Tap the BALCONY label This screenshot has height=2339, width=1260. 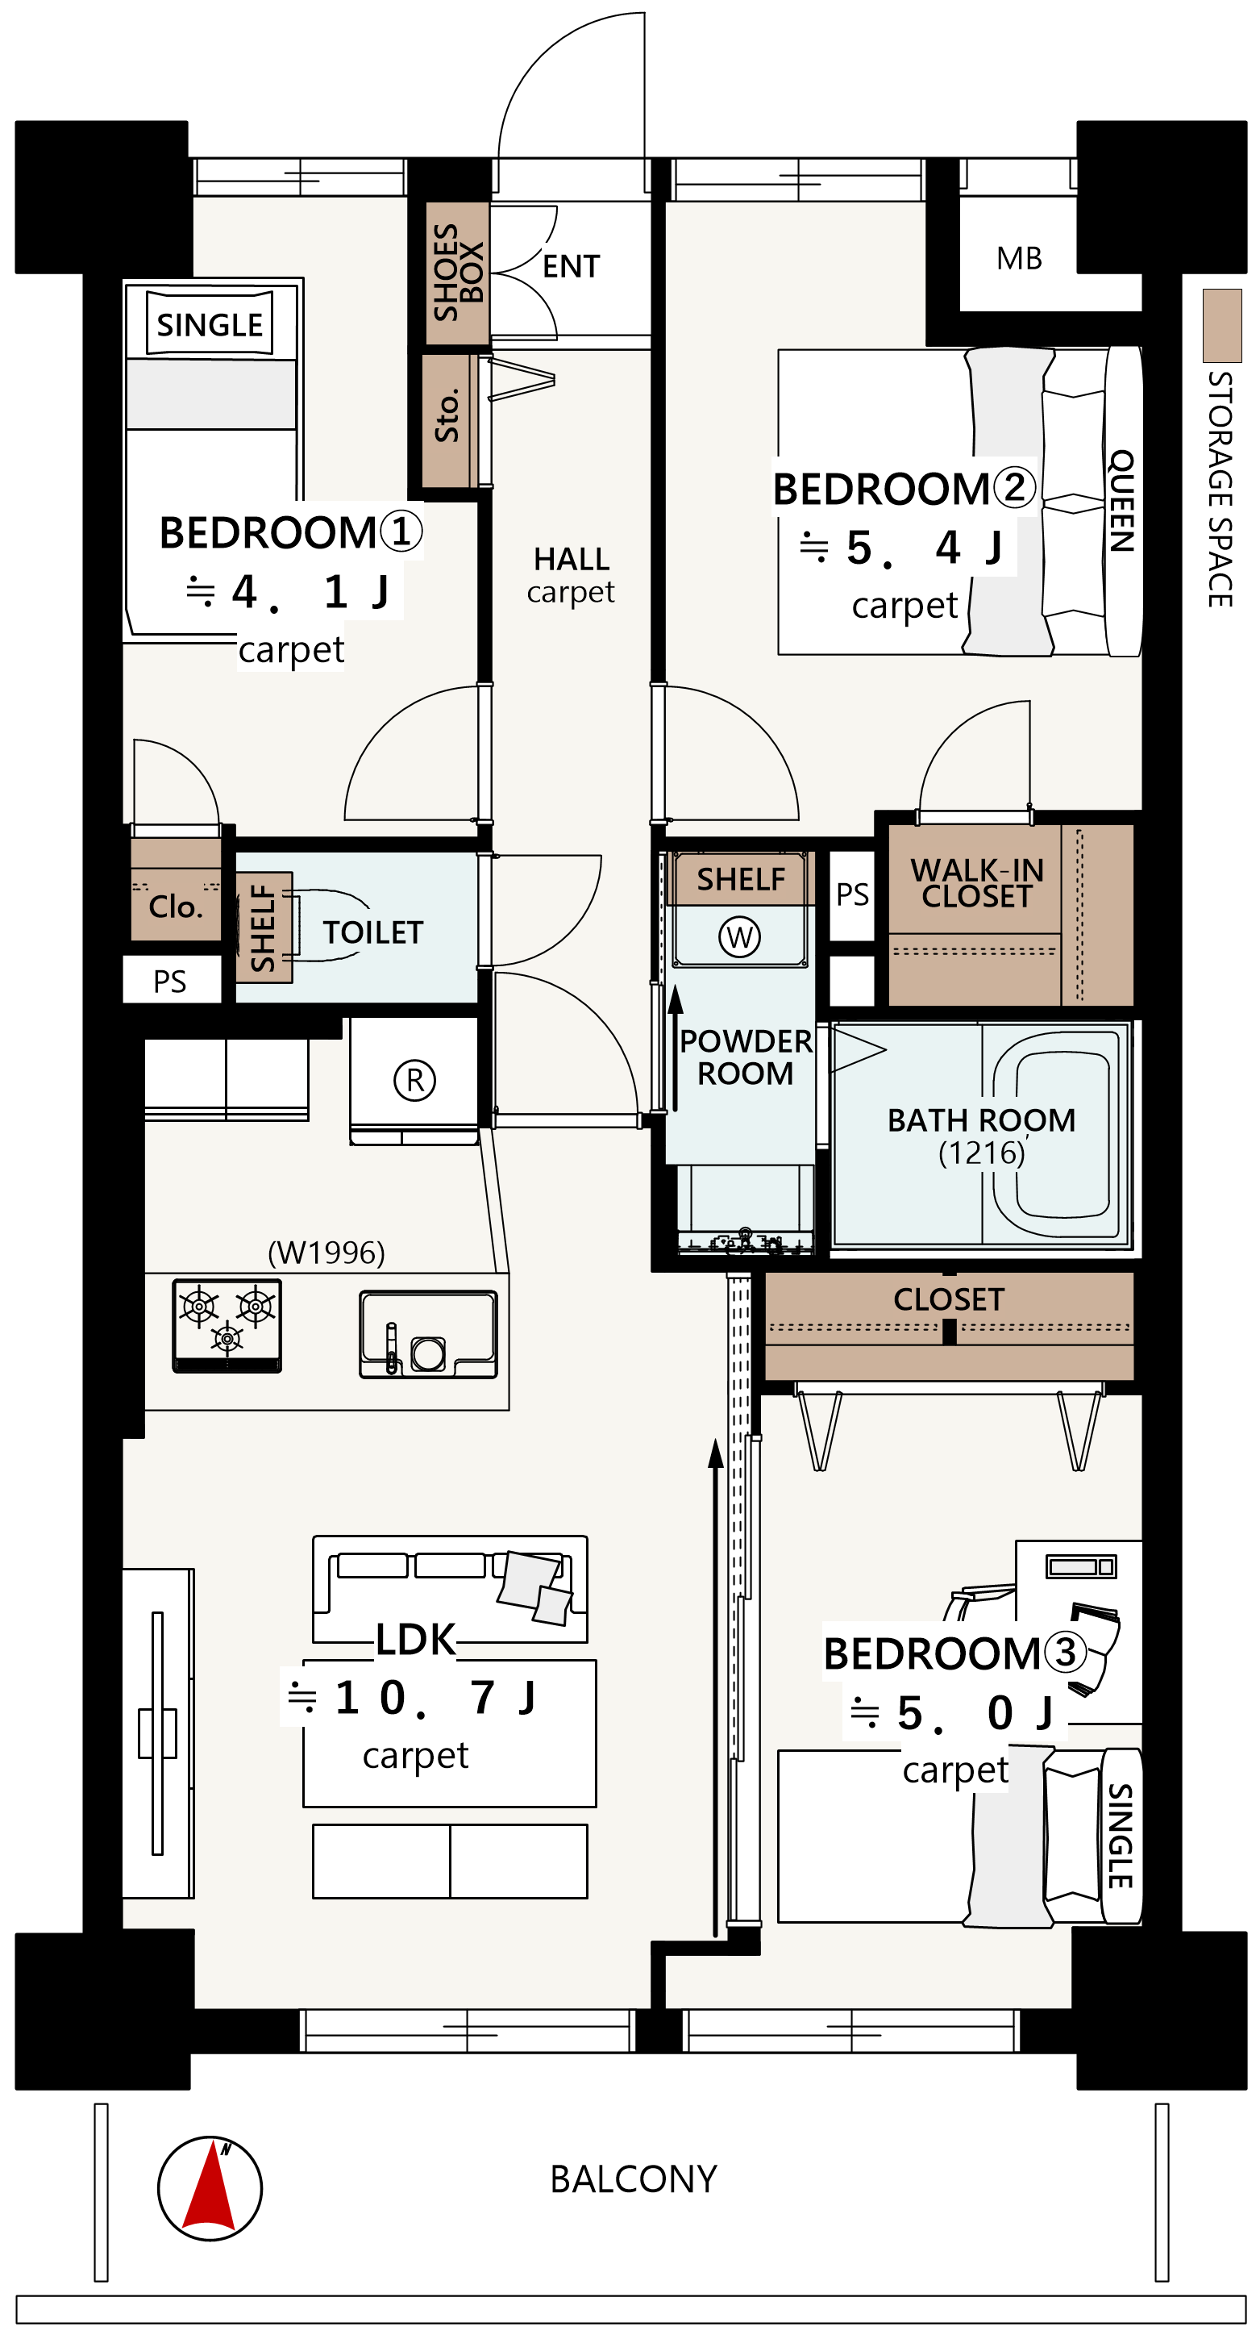tap(634, 2179)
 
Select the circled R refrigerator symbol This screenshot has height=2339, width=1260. tap(415, 1081)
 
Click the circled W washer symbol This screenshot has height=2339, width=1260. tap(740, 936)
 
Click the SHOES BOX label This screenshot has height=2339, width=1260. tap(459, 273)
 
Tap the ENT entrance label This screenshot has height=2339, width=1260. tap(571, 267)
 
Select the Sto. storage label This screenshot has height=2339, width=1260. tap(447, 416)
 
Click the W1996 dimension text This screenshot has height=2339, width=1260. tap(326, 1253)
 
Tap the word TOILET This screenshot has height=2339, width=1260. tap(373, 932)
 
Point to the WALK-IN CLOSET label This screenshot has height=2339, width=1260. tap(977, 883)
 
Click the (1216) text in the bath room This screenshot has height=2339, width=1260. tap(981, 1153)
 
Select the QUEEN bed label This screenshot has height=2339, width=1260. tap(1122, 500)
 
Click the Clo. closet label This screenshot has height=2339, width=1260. tap(175, 907)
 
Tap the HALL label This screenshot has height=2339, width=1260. tap(571, 558)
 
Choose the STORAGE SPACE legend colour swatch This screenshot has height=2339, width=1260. tap(1222, 325)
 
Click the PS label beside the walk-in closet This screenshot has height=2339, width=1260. tap(852, 894)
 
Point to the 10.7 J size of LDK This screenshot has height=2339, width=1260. tap(411, 1697)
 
